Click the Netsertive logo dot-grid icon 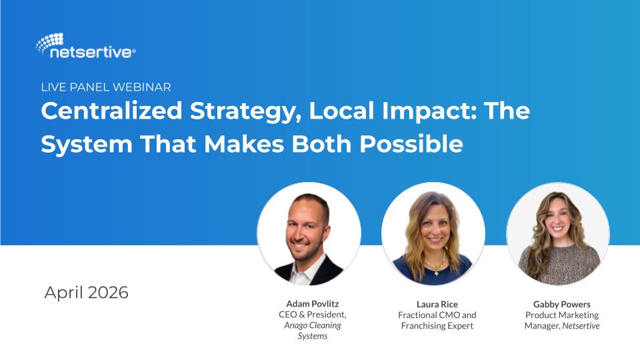point(50,43)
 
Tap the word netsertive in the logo point(91,53)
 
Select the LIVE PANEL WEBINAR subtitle point(106,87)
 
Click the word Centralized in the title point(111,111)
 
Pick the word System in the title point(87,145)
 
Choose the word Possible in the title point(411,144)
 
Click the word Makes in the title point(244,144)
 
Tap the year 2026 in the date point(108,293)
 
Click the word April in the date point(64,293)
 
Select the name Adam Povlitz point(313,304)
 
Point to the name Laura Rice point(437,304)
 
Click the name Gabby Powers point(562,304)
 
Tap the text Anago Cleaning point(313,325)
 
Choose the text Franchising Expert point(437,326)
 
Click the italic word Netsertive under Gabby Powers point(581,326)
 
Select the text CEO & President point(313,315)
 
